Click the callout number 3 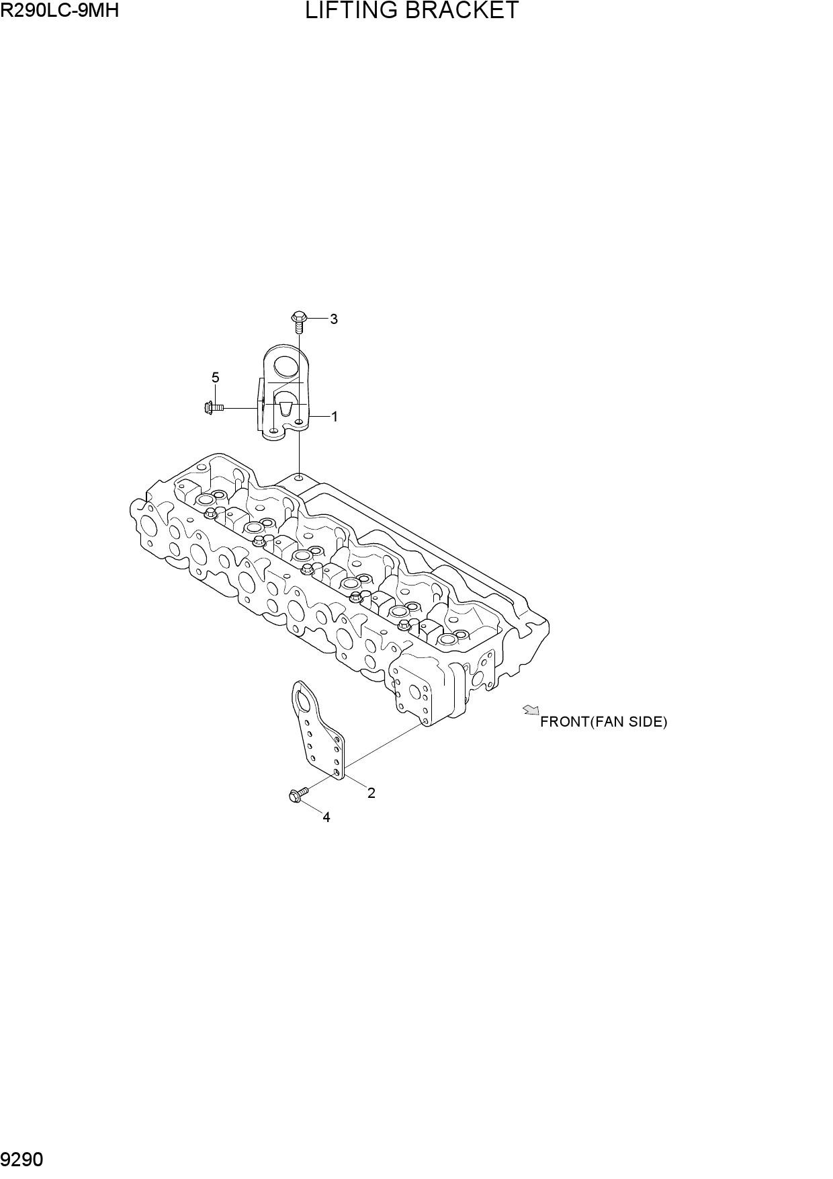click(x=334, y=319)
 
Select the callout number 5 click(x=215, y=378)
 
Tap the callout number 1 click(x=335, y=417)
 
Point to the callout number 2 click(x=371, y=793)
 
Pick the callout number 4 click(x=326, y=817)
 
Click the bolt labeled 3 click(x=299, y=322)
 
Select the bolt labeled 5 click(x=213, y=407)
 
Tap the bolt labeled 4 click(x=298, y=795)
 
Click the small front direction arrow click(x=531, y=710)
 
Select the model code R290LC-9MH click(x=60, y=9)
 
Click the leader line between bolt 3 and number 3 click(x=316, y=319)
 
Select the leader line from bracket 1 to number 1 click(x=319, y=417)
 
